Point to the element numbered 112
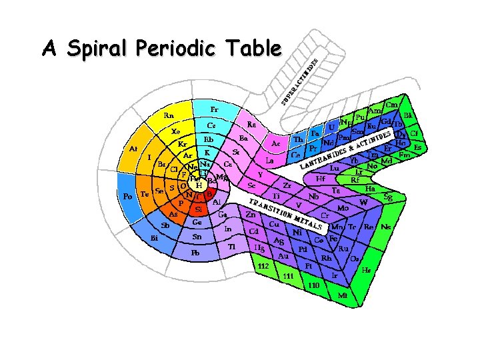point(263,266)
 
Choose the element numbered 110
point(313,285)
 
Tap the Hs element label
point(365,271)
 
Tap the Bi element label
point(154,237)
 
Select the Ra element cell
point(251,124)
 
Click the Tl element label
point(232,247)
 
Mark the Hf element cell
point(321,179)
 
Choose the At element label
point(133,149)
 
